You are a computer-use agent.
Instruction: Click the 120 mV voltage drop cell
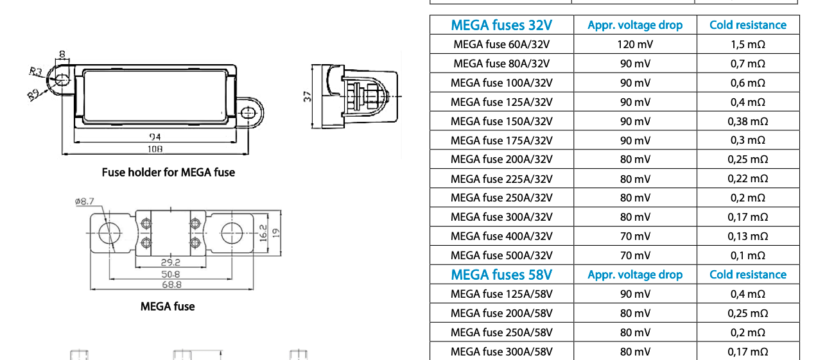[634, 44]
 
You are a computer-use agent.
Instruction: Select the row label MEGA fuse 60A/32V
[501, 44]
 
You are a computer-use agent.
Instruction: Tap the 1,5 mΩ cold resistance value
[747, 44]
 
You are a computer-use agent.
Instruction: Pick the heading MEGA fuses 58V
[501, 275]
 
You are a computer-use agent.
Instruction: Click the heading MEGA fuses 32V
[501, 25]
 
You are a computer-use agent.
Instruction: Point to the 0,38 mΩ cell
[747, 121]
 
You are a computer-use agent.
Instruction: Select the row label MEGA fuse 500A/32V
[501, 255]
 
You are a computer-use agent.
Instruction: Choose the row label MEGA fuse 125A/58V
[501, 294]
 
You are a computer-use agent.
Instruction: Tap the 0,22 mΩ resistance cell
[747, 178]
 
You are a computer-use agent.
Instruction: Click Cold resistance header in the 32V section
[747, 25]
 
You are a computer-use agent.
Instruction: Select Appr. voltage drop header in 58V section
[634, 275]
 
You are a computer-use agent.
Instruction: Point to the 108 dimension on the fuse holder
[155, 148]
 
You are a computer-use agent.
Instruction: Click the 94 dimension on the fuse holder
[155, 137]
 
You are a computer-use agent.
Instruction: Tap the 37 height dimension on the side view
[308, 96]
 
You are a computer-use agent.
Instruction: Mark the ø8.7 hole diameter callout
[84, 201]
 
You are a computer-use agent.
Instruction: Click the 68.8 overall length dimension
[170, 284]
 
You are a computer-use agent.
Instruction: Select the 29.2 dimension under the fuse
[170, 262]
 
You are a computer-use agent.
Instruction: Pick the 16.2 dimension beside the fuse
[263, 232]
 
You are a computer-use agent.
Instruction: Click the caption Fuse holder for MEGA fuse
[168, 172]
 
